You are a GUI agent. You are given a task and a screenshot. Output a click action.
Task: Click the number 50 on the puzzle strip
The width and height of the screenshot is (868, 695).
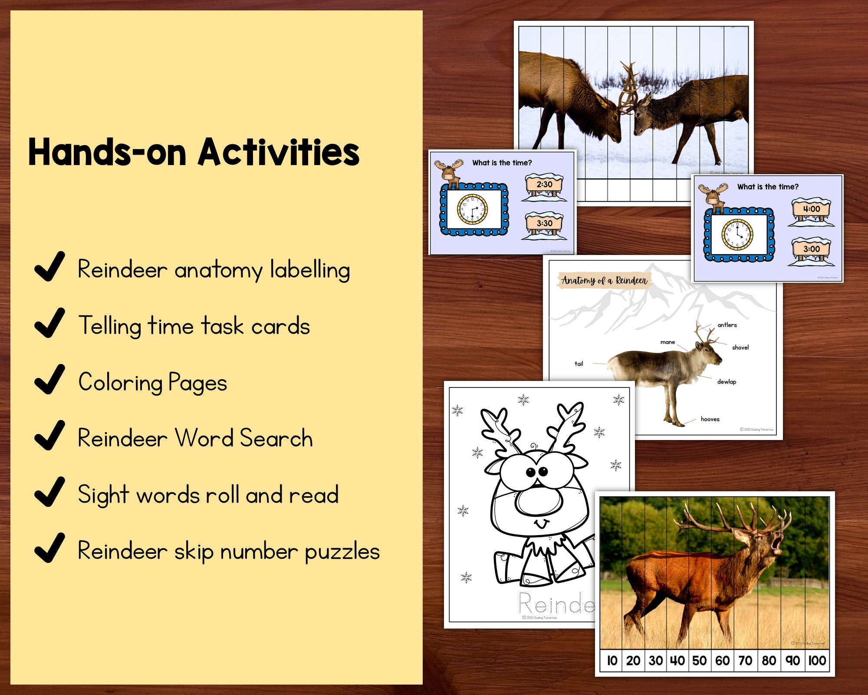pos(699,661)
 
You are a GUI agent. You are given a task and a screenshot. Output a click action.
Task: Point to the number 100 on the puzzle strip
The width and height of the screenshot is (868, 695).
pos(817,661)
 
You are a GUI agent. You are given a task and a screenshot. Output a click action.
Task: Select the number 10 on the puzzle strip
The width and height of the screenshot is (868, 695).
pos(612,661)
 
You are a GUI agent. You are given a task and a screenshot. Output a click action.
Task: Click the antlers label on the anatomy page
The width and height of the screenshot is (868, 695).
pos(727,325)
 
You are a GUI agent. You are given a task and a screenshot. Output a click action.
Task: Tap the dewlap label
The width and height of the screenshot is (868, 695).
pos(727,382)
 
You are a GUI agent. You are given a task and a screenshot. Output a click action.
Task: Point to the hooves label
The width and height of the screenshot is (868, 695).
pos(710,419)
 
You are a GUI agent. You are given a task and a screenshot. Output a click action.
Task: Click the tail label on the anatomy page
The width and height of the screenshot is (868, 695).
pos(579,364)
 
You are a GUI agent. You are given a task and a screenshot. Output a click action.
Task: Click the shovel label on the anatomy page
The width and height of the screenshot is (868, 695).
pos(740,347)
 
